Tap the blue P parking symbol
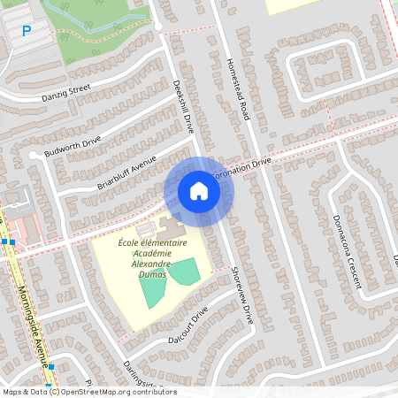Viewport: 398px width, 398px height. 26,31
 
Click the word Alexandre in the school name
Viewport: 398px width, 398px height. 152,264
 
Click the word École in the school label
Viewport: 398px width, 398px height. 132,241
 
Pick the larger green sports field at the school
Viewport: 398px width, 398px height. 152,288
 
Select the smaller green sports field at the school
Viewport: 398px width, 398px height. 185,272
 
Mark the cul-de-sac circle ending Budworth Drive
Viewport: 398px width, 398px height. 33,156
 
